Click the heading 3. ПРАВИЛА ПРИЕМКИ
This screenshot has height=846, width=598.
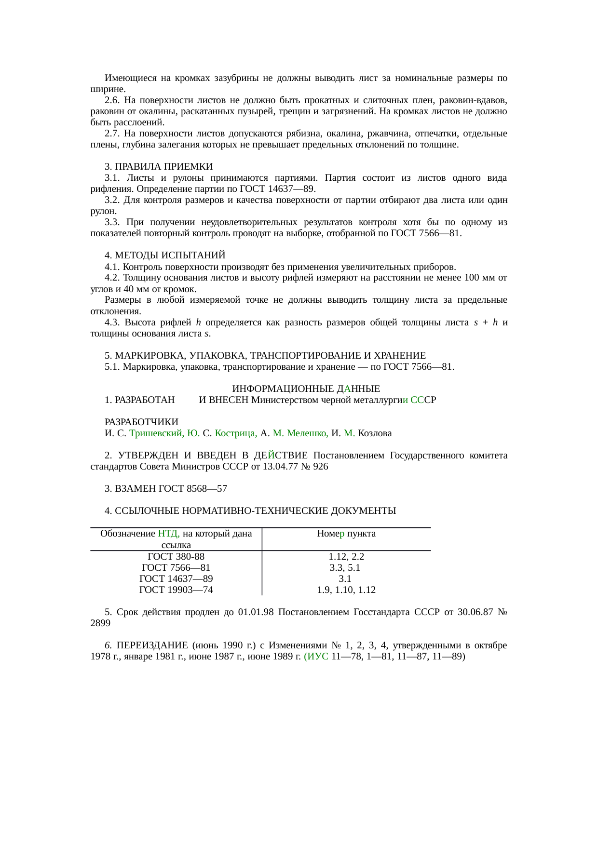158,166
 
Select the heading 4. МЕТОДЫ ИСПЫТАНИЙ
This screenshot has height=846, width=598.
164,255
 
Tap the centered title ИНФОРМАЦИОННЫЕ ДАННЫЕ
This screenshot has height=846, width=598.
306,389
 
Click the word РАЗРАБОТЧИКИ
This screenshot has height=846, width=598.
141,422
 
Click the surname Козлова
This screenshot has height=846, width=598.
375,433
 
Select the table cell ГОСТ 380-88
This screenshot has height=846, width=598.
176,556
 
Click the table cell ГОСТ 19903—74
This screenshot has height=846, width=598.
176,590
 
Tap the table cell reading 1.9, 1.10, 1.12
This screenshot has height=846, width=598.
346,590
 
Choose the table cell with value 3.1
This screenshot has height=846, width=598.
345,578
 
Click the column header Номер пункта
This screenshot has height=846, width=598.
346,533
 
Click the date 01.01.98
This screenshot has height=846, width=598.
256,612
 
